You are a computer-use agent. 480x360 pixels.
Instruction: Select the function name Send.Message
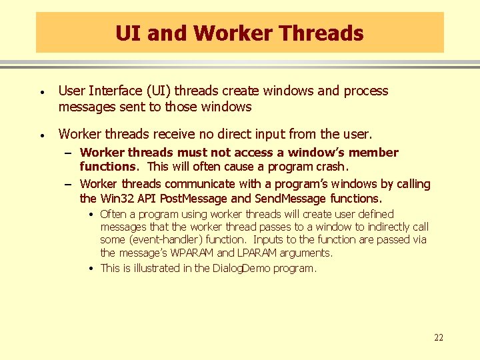pyautogui.click(x=290, y=198)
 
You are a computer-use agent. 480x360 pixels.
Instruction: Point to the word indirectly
pyautogui.click(x=381, y=227)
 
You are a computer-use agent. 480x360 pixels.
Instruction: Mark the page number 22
pyautogui.click(x=438, y=338)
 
